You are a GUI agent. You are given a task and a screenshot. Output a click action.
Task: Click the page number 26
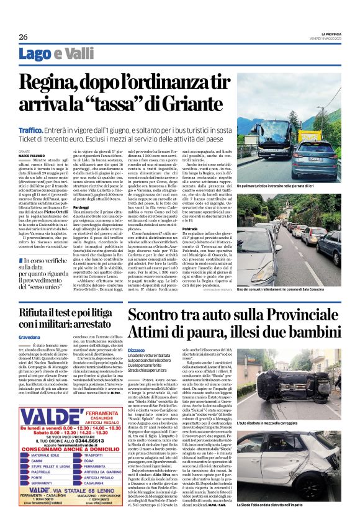23,36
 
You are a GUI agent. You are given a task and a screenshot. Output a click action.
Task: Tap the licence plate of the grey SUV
315,159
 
